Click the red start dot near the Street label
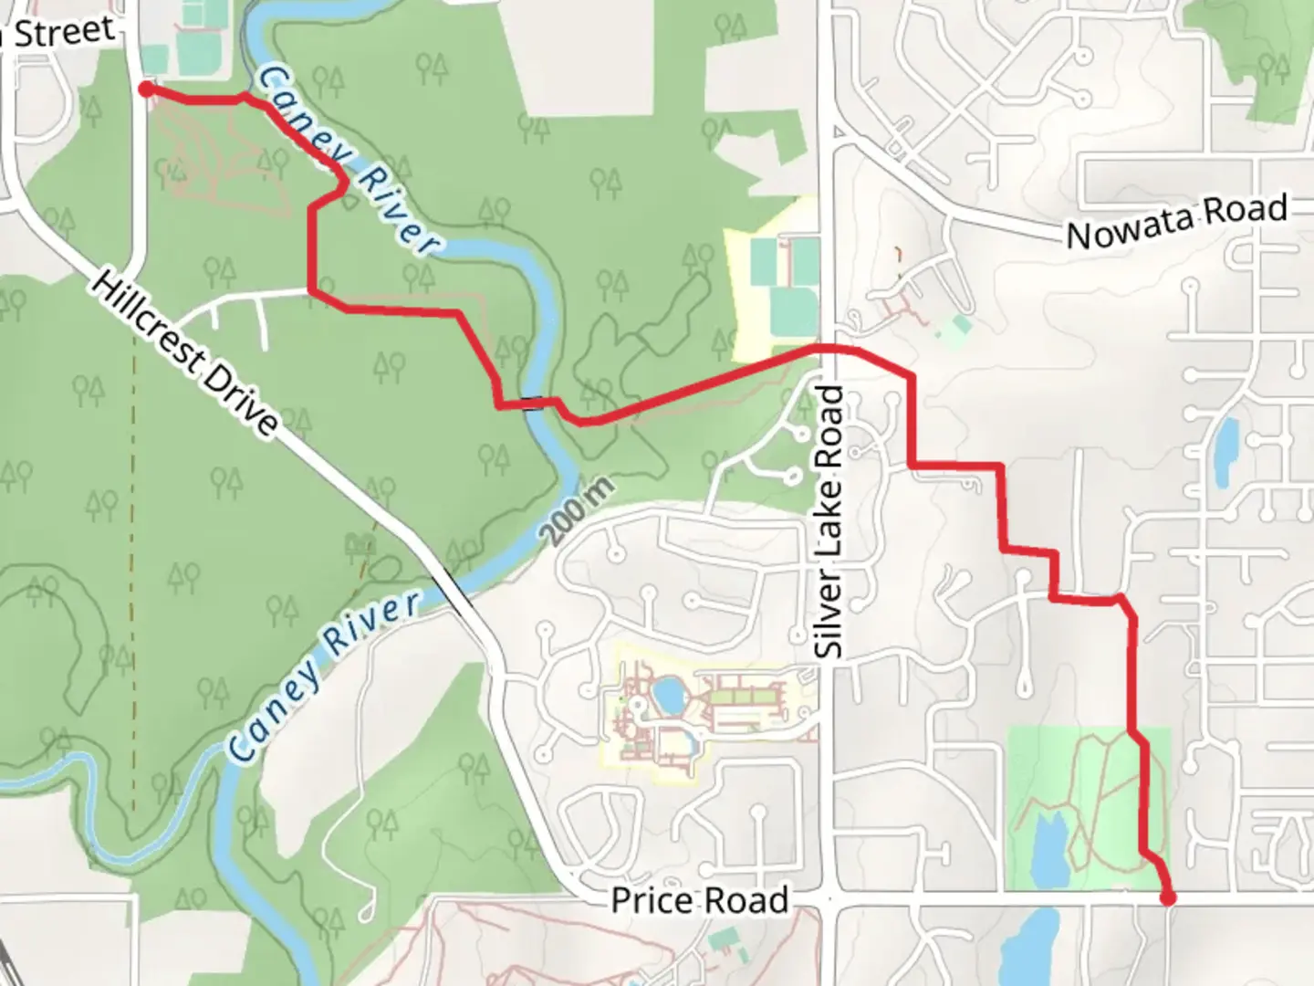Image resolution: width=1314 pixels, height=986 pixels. tap(145, 89)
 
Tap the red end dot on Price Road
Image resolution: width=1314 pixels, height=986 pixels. tap(1167, 898)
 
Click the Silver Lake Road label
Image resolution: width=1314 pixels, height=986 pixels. tap(830, 521)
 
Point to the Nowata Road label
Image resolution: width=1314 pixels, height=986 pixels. tap(1176, 221)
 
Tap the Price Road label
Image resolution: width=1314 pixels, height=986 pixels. tap(699, 900)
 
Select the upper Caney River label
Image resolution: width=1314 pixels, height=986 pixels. tap(347, 160)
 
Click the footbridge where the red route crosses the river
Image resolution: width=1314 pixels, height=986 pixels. tap(532, 404)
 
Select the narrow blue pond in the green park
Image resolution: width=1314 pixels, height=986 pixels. tap(1050, 851)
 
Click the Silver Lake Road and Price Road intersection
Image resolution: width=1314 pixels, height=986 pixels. tap(829, 900)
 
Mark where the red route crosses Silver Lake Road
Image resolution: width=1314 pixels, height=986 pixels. tap(829, 348)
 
